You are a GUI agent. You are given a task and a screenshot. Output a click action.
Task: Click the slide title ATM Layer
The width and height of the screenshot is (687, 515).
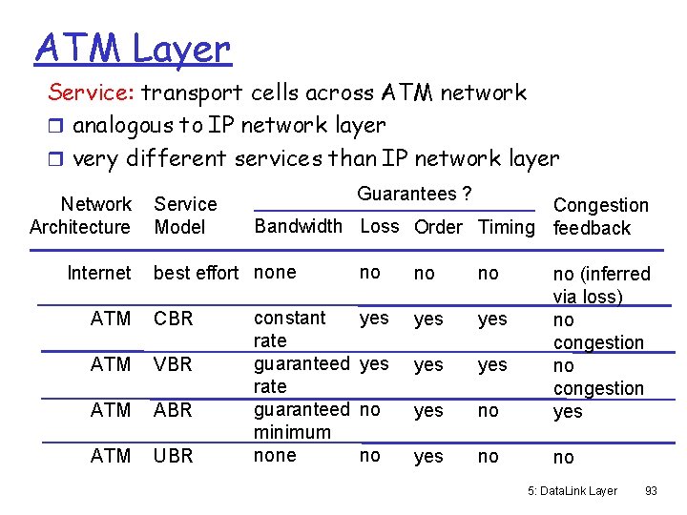point(133,48)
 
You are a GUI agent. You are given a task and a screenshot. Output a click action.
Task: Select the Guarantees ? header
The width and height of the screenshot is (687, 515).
point(414,194)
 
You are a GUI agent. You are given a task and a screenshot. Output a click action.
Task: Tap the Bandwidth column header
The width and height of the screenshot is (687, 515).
point(298,226)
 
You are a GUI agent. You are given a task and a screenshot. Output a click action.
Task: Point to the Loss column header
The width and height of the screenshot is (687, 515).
point(379,226)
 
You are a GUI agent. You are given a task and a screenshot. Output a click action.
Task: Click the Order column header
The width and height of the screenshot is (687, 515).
point(438,227)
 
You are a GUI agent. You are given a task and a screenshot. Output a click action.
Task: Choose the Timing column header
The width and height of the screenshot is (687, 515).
point(507,227)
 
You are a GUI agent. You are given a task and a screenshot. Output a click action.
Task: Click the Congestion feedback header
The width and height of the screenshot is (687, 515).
point(600,216)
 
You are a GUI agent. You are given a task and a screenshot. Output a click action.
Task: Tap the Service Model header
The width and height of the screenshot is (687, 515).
point(185,216)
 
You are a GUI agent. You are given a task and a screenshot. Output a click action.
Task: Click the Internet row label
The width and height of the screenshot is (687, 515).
point(98,273)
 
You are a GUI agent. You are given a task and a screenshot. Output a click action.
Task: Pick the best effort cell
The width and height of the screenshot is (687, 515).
point(196,273)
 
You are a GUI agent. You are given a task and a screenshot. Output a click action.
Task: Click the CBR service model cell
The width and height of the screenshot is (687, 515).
point(174,319)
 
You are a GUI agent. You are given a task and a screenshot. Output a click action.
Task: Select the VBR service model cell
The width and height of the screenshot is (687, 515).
point(174,364)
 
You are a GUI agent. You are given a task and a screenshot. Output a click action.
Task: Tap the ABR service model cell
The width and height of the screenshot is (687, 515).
point(174,410)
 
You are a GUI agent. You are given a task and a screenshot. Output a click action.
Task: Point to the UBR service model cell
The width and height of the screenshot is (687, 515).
point(174,456)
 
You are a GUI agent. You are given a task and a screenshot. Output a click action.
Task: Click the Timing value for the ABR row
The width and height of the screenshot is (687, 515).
point(488,410)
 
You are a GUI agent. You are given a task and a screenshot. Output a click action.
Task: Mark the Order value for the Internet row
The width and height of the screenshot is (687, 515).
point(424,274)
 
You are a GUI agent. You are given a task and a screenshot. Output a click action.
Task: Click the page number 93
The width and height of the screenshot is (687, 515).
point(652,491)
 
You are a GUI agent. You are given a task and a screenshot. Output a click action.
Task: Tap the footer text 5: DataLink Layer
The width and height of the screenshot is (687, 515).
point(572,491)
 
